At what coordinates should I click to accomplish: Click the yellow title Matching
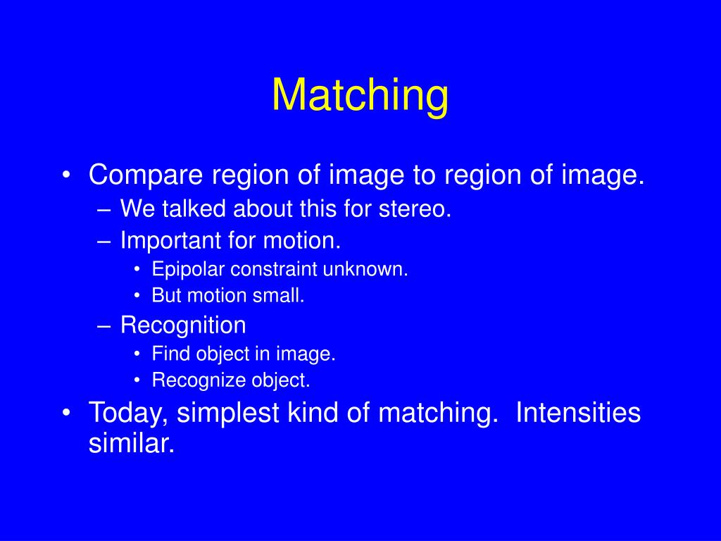(x=360, y=96)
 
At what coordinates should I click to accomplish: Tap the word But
(x=166, y=296)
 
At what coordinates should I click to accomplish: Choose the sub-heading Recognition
(x=183, y=325)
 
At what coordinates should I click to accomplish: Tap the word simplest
(x=229, y=413)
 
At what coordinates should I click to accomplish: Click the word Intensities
(x=578, y=413)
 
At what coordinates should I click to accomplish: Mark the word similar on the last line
(x=131, y=443)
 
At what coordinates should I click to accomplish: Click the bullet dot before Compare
(x=66, y=175)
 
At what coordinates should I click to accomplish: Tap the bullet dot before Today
(x=66, y=413)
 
